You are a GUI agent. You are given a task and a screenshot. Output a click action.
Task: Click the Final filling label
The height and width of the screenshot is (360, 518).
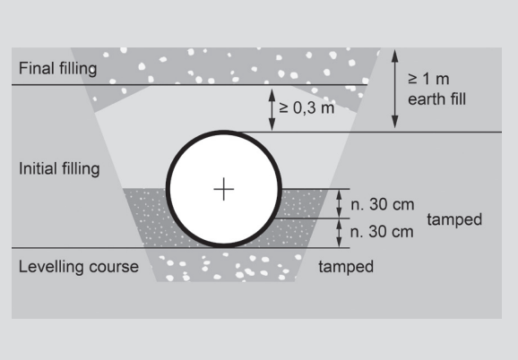[x=58, y=69]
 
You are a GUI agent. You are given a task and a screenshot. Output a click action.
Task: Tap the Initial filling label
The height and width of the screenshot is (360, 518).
[x=59, y=169]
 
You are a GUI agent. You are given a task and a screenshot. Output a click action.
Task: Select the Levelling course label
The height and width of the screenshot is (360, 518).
[x=79, y=267]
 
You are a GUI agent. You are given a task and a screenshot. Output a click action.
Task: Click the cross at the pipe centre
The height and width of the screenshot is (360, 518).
[x=224, y=189]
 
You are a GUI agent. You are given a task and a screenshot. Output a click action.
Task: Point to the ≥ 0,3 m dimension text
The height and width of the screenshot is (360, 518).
[x=306, y=107]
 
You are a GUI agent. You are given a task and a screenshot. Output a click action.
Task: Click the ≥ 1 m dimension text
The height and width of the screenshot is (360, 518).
[x=428, y=79]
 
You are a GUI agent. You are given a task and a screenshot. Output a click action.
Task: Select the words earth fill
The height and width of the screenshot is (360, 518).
[x=436, y=99]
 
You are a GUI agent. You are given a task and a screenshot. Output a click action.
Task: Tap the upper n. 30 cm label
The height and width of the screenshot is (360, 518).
[x=382, y=204]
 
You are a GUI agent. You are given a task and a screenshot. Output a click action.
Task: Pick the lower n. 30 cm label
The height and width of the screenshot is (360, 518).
[x=382, y=232]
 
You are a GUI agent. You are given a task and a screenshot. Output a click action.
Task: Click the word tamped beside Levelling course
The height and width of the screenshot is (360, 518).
[x=346, y=267]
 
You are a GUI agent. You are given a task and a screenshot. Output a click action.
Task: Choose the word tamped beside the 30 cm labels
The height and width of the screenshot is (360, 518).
[x=454, y=219]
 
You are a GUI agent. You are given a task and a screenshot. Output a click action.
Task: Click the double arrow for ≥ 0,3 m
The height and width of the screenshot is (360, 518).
[x=272, y=109]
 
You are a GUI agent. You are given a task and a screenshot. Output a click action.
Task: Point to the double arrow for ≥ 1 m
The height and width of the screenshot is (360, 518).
[x=395, y=89]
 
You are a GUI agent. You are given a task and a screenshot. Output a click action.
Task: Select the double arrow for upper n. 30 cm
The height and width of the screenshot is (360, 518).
[x=339, y=203]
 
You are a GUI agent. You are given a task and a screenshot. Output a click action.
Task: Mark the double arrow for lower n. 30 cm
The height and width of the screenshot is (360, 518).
[x=339, y=233]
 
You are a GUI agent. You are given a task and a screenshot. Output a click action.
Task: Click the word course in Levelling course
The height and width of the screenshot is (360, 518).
[x=114, y=267]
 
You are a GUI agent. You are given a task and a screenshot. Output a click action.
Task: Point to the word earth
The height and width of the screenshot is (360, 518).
[x=427, y=99]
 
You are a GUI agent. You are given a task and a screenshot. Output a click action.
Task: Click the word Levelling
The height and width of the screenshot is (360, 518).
[x=52, y=267]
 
